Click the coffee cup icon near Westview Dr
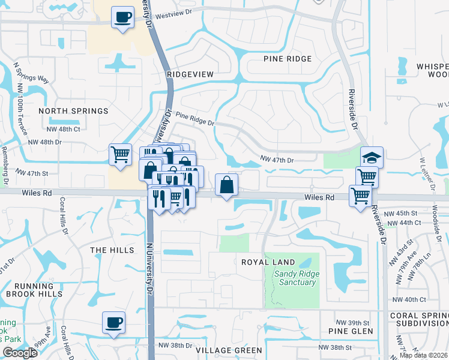click(122, 17)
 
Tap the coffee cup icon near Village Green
click(113, 323)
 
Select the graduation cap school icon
click(372, 158)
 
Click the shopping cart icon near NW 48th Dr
click(121, 154)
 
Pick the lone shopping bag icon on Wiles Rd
click(226, 185)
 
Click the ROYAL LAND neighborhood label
click(268, 262)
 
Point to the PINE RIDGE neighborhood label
click(288, 59)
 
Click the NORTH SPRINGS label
click(73, 111)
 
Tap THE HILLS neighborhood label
click(110, 250)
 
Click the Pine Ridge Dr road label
click(195, 119)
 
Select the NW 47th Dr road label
click(277, 160)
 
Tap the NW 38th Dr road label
click(175, 346)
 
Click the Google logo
click(20, 353)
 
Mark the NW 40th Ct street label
click(408, 299)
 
